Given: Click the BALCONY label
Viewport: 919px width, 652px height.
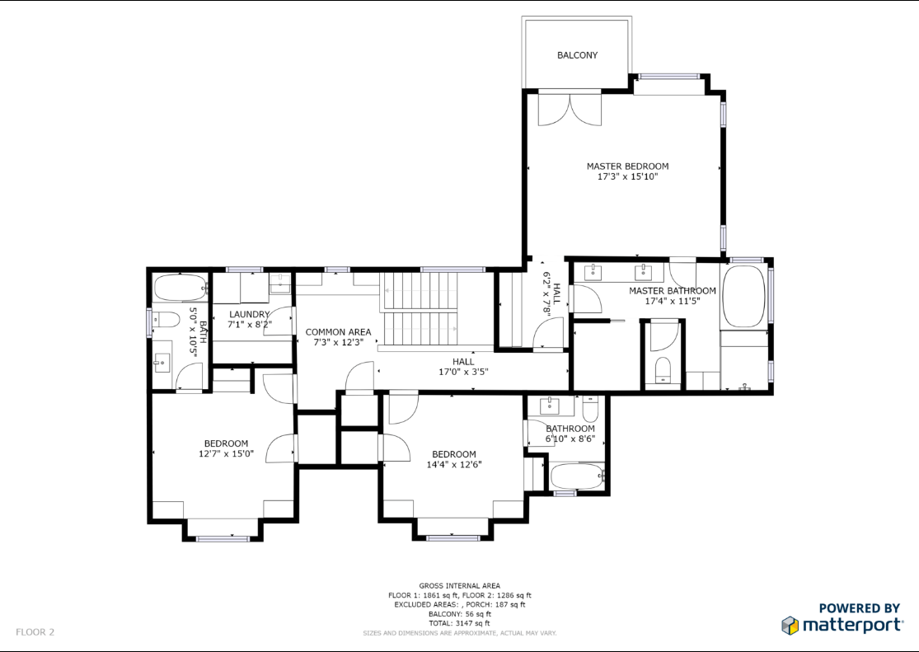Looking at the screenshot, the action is (x=577, y=55).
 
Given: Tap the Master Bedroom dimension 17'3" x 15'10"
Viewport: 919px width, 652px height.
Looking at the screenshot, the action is (x=628, y=176).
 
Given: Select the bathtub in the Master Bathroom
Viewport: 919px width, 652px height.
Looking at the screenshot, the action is (x=743, y=297).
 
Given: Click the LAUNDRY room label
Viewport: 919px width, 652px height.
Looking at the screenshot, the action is (x=249, y=314).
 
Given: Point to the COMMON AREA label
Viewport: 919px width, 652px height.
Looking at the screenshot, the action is (x=338, y=332).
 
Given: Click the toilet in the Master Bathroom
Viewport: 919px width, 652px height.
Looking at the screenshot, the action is (x=663, y=369).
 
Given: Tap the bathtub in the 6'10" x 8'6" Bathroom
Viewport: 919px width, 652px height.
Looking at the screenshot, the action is (x=577, y=476).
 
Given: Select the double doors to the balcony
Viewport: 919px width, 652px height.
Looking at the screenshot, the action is (x=570, y=109).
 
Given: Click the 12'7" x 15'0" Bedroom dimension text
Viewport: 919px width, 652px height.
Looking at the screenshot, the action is (x=226, y=454).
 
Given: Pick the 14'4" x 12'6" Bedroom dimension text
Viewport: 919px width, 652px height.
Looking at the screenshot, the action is (x=454, y=464).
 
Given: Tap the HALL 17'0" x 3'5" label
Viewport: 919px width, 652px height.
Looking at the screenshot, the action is (x=463, y=367).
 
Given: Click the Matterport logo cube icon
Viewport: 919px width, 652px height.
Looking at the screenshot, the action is (x=790, y=626).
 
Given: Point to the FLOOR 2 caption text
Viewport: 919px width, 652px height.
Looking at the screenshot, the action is (x=35, y=632).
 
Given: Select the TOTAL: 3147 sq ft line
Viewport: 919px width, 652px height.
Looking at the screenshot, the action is (x=460, y=623).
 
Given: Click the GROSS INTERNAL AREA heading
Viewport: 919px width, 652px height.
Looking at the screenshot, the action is (x=460, y=586).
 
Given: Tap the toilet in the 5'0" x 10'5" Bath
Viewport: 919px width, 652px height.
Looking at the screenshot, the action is (x=166, y=321).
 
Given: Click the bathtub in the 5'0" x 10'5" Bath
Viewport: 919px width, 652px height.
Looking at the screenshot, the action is (x=181, y=288).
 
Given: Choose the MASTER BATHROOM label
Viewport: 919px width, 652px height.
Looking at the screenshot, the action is (x=673, y=291).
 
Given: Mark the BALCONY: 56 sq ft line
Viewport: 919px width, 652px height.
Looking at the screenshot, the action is (x=460, y=614).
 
